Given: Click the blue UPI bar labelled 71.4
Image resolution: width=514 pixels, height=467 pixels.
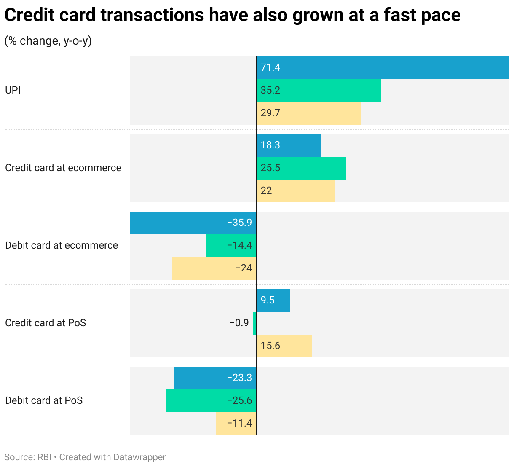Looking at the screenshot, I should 383,68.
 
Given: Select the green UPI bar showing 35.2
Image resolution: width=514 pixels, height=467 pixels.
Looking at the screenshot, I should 319,91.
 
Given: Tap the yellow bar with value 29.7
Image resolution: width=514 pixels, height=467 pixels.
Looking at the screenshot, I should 309,113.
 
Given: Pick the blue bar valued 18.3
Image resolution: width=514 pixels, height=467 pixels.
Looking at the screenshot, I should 289,145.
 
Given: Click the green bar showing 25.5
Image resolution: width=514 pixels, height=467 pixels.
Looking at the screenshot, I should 301,168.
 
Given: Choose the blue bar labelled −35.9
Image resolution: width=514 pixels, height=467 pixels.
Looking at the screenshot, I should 193,223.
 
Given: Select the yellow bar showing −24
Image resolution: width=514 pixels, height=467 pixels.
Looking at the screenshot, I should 214,268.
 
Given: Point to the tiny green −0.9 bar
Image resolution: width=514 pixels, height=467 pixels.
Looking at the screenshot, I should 254,323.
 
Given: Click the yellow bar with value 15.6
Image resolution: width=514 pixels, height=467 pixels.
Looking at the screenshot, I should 284,346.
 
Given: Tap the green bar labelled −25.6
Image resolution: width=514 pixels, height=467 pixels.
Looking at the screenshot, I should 211,401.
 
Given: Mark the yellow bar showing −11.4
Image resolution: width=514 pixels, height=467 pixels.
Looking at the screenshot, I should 236,424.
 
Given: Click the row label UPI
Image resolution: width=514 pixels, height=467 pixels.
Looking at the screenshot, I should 13,91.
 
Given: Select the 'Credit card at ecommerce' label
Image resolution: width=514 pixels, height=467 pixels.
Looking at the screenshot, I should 63,168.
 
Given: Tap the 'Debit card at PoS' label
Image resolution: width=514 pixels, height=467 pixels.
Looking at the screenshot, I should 44,401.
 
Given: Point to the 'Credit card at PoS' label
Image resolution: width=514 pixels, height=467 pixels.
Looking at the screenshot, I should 46,323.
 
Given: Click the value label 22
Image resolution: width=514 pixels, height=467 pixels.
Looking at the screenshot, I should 266,191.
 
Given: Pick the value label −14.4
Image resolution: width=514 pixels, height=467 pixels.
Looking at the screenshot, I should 239,246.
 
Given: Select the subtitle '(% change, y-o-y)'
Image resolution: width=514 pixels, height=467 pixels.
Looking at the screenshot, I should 48,41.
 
